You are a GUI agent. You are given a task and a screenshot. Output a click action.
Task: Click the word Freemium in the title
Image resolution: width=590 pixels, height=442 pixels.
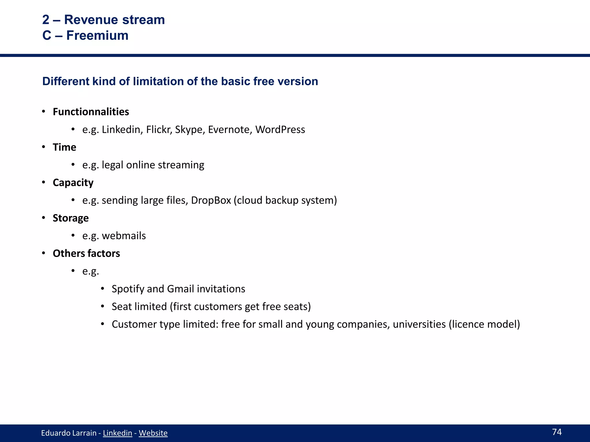97,35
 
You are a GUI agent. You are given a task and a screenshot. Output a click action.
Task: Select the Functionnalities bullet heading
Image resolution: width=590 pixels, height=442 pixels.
91,112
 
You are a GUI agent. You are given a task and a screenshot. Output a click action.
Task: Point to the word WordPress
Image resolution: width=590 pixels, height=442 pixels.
280,129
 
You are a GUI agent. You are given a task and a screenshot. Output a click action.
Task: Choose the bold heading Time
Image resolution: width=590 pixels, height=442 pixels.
64,147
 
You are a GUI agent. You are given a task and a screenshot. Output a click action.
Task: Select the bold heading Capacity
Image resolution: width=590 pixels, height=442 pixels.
73,182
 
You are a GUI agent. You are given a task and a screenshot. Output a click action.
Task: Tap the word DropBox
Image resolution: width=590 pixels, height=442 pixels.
211,200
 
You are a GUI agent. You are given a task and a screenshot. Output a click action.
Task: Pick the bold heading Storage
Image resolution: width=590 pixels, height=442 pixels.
71,218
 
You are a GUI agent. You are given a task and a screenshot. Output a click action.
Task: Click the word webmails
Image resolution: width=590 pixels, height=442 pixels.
124,236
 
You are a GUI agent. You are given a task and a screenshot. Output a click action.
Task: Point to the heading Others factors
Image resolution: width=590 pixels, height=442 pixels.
86,253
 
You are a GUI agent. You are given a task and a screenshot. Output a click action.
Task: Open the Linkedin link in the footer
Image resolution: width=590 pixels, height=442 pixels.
117,433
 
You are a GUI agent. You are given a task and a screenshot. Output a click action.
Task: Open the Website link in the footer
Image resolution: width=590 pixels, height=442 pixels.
153,433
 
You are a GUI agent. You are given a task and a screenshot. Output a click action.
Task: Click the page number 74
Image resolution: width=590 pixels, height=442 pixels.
557,432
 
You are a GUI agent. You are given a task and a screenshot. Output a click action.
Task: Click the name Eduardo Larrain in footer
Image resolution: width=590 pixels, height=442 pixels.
69,433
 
